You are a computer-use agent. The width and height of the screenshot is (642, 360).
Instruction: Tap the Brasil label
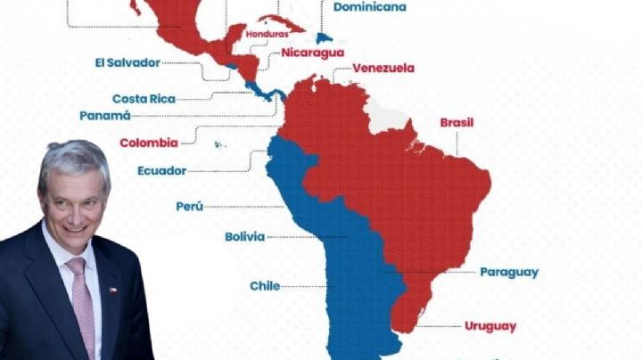pos(457,122)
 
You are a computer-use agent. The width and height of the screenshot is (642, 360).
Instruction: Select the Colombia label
pos(149,142)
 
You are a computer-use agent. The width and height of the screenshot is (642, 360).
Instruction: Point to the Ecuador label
pos(161,170)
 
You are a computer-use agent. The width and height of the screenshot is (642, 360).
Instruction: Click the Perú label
pos(189,206)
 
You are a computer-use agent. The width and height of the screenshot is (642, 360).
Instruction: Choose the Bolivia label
pos(244,236)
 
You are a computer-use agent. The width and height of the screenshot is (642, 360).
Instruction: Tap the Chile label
pos(265,286)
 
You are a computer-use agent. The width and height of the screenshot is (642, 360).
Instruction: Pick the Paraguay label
pos(508,272)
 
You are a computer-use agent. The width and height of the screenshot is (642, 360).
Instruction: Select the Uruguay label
pos(490,326)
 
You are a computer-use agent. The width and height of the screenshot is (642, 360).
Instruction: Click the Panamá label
pos(105,115)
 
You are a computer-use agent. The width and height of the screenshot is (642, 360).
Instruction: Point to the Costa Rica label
pos(144,98)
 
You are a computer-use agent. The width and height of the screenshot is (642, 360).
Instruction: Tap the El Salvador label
pos(127,62)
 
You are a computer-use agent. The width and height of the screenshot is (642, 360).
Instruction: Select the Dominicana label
pos(369,7)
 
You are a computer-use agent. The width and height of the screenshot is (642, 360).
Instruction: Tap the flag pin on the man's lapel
pos(112,290)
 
